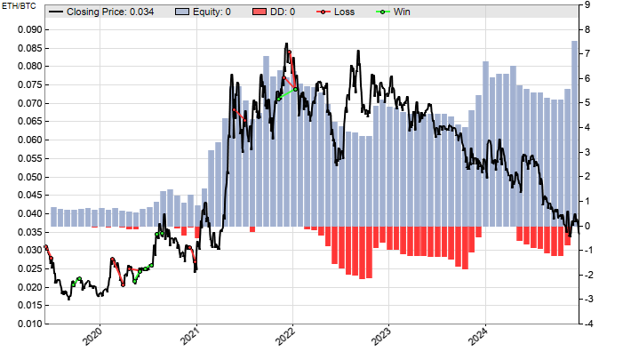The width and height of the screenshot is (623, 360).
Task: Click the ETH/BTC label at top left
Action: click(x=18, y=7)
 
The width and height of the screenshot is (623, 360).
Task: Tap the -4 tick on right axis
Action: click(x=590, y=324)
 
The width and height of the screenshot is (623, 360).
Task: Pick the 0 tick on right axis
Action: click(x=588, y=227)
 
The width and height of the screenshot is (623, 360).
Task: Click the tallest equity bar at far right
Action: click(x=575, y=133)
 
